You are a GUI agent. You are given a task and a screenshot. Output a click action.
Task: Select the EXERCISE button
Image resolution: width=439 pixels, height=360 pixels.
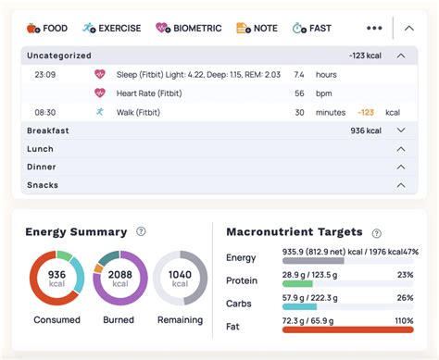(x=112, y=28)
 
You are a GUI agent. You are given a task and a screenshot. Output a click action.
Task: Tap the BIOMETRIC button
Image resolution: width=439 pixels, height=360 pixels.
(x=189, y=28)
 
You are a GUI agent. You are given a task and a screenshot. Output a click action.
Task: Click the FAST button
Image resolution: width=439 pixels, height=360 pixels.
(x=313, y=28)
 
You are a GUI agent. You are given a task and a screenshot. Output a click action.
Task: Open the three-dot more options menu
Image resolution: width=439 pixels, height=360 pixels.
(x=374, y=28)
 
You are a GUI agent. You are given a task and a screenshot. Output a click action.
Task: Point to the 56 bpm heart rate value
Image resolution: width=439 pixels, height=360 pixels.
(x=299, y=93)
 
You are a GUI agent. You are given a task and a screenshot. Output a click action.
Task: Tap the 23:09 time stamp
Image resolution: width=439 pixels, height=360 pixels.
(x=45, y=73)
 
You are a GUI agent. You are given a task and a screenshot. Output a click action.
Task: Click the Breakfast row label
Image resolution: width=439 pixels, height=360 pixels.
(x=48, y=130)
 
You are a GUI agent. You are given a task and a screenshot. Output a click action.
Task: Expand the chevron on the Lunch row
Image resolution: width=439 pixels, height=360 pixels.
(x=400, y=149)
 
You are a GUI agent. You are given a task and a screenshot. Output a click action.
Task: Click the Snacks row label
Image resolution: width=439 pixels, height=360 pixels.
(x=43, y=186)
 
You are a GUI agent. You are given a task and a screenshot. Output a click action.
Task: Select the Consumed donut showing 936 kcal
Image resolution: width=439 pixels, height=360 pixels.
(x=56, y=278)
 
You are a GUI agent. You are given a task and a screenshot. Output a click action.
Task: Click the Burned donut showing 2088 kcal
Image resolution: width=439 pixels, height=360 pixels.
(x=119, y=278)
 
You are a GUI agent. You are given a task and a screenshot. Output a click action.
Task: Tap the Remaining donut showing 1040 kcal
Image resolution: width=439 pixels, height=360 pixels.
(x=180, y=278)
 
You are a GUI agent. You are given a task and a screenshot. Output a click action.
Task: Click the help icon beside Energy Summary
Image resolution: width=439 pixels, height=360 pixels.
(x=141, y=232)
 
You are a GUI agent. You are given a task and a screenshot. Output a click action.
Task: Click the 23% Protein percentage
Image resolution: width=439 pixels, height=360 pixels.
(x=404, y=275)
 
